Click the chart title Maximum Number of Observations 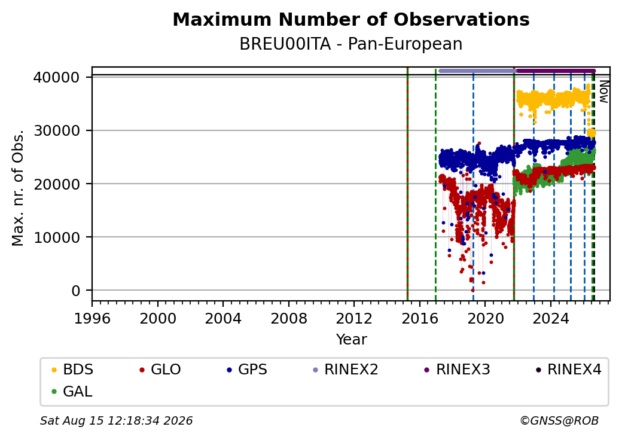351,19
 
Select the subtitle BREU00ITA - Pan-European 351,44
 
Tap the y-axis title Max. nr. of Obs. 17,188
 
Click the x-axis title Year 352,340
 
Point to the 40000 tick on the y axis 57,77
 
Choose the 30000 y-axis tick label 57,130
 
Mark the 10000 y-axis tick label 57,237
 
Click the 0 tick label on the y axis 76,291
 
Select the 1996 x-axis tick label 92,318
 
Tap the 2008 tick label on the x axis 288,318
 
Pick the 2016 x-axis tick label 420,318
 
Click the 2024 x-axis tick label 551,318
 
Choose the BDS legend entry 72,370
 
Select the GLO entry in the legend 160,370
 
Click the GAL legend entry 72,391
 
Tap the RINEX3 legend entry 457,370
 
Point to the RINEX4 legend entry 568,370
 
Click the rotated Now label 603,92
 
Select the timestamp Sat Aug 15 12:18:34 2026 116,420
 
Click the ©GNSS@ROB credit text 559,420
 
